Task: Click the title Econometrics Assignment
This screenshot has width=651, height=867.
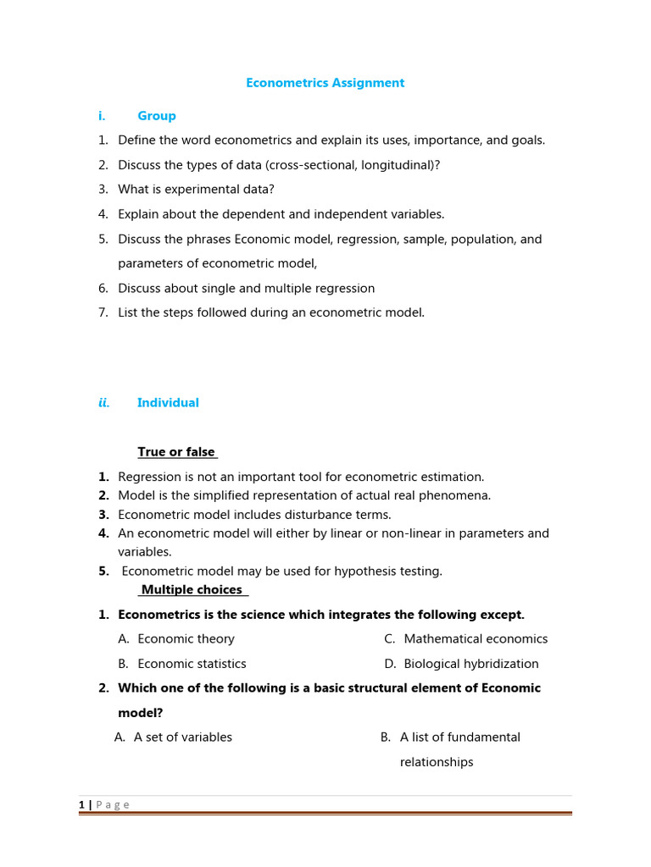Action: click(325, 83)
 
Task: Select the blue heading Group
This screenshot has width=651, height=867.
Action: click(157, 116)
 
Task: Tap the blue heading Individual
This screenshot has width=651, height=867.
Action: click(168, 403)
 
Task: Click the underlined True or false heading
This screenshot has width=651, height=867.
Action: click(176, 452)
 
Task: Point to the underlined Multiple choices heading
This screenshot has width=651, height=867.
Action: click(192, 589)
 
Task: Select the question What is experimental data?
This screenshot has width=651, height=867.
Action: click(196, 190)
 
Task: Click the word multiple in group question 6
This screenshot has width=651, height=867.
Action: click(287, 288)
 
